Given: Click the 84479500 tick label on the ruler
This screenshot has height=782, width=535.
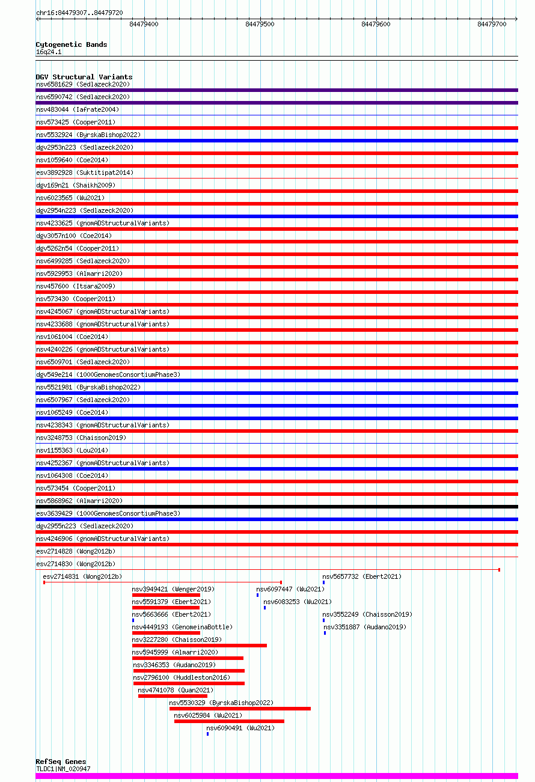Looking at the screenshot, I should (x=260, y=24).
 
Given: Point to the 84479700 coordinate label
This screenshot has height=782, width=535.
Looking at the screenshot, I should (x=492, y=24).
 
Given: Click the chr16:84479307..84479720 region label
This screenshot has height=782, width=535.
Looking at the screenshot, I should (x=79, y=13).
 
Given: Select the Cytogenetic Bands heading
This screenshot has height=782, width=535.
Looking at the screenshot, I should (x=71, y=44).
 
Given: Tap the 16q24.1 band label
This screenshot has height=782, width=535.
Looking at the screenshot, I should (x=49, y=52).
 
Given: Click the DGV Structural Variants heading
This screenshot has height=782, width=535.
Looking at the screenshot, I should (x=84, y=77).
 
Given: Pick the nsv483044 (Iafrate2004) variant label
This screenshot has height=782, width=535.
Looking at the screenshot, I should (x=77, y=109).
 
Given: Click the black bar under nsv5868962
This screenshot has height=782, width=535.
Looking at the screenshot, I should (x=277, y=507).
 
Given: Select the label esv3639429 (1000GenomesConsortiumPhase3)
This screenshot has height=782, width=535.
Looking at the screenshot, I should (x=108, y=513).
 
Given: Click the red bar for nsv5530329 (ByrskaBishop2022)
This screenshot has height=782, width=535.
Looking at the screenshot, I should (x=240, y=709).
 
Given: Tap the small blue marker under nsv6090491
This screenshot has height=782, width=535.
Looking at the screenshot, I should (x=207, y=734).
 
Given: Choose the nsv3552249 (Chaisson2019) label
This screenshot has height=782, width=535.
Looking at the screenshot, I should (x=367, y=614).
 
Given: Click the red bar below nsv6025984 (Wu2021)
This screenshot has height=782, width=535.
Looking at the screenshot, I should (x=229, y=721).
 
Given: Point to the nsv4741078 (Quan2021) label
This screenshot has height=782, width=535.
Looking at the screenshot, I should (x=176, y=690).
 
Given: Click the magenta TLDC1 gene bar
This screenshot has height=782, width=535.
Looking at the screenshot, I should (x=277, y=775).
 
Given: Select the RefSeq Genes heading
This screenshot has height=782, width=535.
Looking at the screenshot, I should (x=61, y=762).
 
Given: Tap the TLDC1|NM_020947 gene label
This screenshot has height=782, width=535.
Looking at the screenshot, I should (x=63, y=769).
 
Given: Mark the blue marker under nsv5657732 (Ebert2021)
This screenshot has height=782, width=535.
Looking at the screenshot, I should (x=323, y=582).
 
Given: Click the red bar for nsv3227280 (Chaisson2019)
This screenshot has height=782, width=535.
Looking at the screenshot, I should (x=199, y=646).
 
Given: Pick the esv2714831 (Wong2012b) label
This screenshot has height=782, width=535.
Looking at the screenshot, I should (x=82, y=576).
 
